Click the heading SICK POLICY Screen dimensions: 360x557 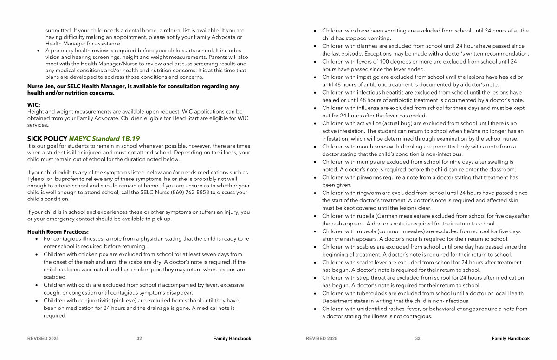(47, 138)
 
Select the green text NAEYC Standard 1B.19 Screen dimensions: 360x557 (104, 138)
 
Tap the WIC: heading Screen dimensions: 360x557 (33, 105)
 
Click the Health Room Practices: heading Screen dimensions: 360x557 (58, 232)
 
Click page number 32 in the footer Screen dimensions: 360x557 (139, 339)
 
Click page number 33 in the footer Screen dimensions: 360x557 (418, 339)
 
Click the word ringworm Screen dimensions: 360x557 (371, 193)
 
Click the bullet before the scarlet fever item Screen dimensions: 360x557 (315, 263)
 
